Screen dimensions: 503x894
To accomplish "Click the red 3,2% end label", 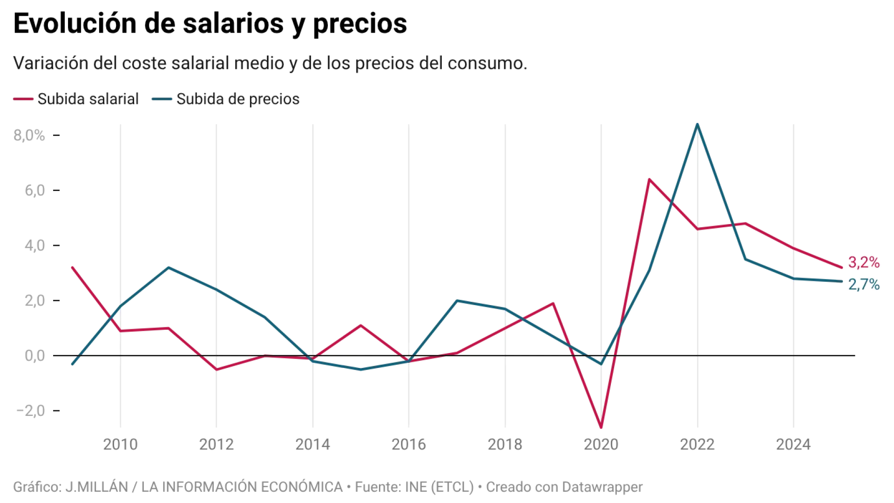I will (864, 263).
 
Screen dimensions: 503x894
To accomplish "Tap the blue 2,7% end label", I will (864, 284).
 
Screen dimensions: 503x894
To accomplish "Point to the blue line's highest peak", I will (697, 123).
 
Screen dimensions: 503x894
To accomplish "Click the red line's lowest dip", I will (601, 427).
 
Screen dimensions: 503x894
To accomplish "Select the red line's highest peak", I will (649, 179).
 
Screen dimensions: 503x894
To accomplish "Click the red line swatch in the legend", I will (23, 99).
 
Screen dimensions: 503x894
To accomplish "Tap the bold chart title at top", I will (210, 23).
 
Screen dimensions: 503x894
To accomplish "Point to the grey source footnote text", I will (326, 486).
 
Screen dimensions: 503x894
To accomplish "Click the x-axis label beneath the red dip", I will (600, 443).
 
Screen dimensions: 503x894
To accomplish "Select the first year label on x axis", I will (120, 443).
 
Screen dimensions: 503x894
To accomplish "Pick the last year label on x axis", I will (793, 443).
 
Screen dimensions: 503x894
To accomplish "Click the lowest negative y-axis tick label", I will (30, 411).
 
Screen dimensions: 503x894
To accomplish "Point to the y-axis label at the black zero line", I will (34, 356).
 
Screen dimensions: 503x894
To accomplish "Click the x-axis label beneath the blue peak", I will (696, 443).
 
